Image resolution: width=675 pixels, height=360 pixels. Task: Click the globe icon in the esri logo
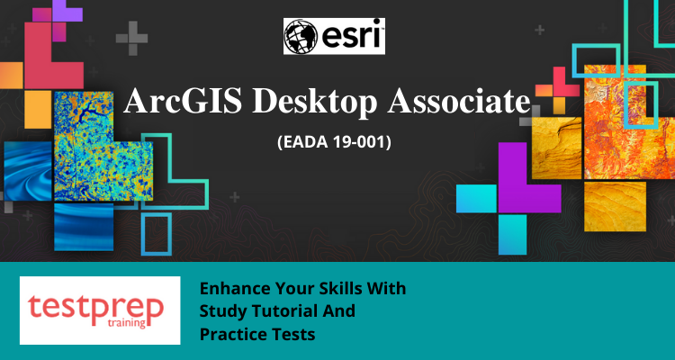pyautogui.click(x=301, y=36)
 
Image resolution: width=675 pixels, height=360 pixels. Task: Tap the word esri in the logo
pyautogui.click(x=351, y=36)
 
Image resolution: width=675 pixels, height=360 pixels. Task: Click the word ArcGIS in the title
pyautogui.click(x=183, y=100)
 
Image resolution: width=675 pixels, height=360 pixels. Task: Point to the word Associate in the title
pyautogui.click(x=459, y=100)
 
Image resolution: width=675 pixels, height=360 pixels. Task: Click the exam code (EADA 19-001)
pyautogui.click(x=334, y=142)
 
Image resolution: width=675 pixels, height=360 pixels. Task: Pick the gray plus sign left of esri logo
pyautogui.click(x=131, y=39)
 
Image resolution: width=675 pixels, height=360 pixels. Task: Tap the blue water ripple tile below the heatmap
pyautogui.click(x=84, y=227)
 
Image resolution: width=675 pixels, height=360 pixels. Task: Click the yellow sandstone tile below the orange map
pyautogui.click(x=616, y=206)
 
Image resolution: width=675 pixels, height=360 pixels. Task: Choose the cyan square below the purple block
pyautogui.click(x=512, y=235)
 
